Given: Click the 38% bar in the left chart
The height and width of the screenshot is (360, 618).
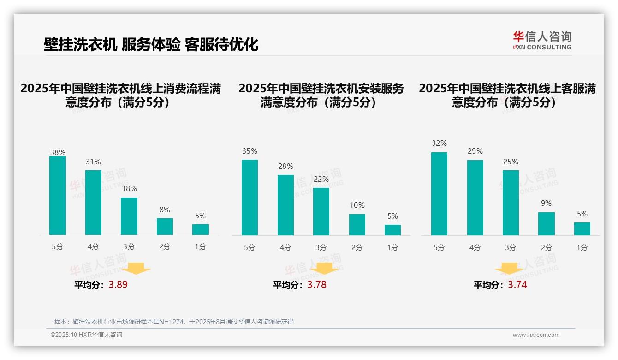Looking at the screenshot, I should tap(58, 196).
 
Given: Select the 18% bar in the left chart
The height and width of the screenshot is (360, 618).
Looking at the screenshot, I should tap(129, 216).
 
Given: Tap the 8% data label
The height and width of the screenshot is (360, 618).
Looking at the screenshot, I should tap(165, 210).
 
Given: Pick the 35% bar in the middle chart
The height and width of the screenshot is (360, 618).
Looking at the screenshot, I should tap(250, 198).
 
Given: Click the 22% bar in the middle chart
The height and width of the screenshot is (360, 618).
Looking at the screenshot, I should tap(321, 211).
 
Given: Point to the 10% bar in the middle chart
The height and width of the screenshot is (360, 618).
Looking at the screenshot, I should tap(357, 225).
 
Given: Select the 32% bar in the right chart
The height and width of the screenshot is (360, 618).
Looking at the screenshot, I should tap(439, 194).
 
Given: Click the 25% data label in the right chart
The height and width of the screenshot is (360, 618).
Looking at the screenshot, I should tap(511, 162).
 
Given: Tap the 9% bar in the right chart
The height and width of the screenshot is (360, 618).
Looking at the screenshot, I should tap(547, 224).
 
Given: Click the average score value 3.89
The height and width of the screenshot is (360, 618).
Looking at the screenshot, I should tap(118, 285).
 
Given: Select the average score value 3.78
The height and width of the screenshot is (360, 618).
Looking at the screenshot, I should tap(317, 285).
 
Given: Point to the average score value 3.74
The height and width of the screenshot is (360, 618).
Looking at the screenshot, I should tap(517, 285).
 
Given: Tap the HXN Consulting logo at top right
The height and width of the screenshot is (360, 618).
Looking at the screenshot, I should tap(542, 40).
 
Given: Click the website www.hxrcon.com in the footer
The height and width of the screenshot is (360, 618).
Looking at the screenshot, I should tap(536, 335).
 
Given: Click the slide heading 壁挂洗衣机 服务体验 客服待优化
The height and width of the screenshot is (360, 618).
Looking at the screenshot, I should tap(151, 44).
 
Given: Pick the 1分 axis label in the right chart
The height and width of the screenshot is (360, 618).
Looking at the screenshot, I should tap(582, 248).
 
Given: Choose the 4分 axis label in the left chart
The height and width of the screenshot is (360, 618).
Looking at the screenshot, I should tap(93, 247).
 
